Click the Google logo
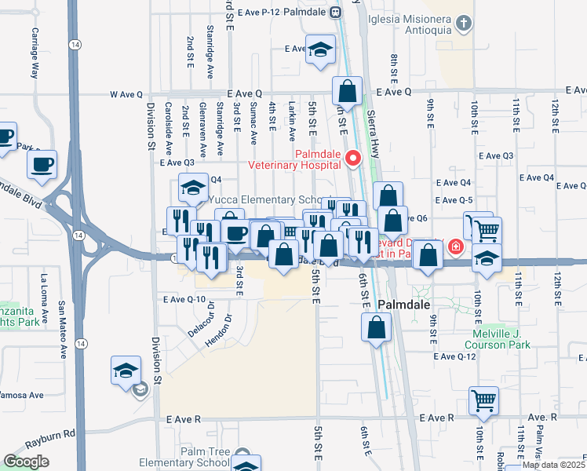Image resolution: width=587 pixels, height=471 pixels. [x=26, y=462]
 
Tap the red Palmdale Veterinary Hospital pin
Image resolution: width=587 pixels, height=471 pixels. [x=353, y=159]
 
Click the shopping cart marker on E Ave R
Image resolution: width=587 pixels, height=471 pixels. [x=483, y=400]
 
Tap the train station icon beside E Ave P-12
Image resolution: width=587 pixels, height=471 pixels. [x=335, y=12]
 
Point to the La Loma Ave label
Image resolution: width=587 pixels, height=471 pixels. [x=45, y=298]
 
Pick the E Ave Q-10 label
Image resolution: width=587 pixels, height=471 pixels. [x=184, y=299]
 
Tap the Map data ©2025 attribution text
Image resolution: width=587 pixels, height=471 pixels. [x=552, y=465]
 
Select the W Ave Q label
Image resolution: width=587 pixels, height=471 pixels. [x=125, y=94]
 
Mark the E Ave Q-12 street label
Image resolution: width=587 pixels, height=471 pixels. [x=455, y=356]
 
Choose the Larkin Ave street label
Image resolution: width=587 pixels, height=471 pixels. [x=291, y=115]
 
